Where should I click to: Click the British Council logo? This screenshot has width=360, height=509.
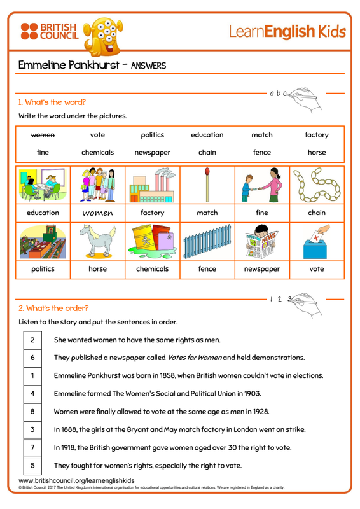pos(50,31)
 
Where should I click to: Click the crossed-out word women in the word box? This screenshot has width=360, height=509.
pos(43,135)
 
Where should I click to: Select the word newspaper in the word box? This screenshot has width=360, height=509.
pos(152,153)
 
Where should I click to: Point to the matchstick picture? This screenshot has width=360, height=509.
pos(207,185)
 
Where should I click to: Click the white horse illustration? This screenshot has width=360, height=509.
pos(98,241)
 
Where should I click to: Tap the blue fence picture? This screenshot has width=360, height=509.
pos(207,242)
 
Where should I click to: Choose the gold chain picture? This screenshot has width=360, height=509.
pos(317,185)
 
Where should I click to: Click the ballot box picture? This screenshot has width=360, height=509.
pos(317,242)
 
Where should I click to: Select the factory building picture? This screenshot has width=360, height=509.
pos(152,185)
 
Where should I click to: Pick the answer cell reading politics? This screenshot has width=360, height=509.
pos(43,269)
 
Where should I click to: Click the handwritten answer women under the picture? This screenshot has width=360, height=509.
pos(98,213)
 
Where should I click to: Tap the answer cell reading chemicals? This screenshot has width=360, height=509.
pos(152,269)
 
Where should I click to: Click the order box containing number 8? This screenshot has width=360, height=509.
pos(32,412)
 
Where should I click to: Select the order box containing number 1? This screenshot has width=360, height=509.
pos(32,375)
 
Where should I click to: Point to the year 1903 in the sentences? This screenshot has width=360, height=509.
pos(253,394)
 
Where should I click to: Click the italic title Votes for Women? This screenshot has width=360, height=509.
pos(195,358)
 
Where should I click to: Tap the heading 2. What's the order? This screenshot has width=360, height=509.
pos(53,309)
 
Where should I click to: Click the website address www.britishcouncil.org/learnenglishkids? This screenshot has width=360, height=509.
pos(76,480)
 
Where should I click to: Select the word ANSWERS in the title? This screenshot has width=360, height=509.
pos(148,66)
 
